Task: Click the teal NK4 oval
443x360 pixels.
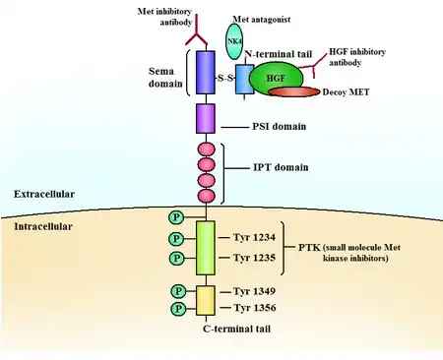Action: [234, 41]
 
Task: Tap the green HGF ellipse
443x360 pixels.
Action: [276, 78]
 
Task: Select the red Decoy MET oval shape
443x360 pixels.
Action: [294, 91]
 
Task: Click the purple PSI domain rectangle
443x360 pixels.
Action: [206, 119]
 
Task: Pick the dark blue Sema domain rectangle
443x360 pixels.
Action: [206, 73]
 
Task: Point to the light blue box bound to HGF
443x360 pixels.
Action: [243, 80]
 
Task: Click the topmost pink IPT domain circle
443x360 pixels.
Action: [207, 150]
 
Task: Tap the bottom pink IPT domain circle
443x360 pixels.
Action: [207, 196]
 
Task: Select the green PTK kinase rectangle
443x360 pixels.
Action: [206, 248]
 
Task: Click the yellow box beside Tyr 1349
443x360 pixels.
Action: [206, 300]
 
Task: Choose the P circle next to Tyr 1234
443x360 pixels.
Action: [176, 238]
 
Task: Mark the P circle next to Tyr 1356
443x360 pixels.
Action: [178, 309]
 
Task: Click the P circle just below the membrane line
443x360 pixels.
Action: [176, 217]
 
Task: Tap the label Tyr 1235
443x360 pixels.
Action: [254, 258]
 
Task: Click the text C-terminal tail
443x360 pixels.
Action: [236, 329]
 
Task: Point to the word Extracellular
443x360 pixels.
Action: [44, 194]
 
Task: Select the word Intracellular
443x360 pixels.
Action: [43, 226]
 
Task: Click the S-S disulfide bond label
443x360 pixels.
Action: [225, 78]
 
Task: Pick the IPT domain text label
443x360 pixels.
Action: [281, 167]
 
